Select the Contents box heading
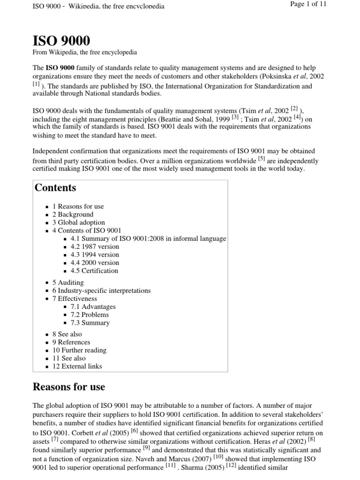point(55,188)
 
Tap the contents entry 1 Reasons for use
point(78,206)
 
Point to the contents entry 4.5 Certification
point(94,270)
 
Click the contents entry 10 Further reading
point(79,350)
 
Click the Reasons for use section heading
point(68,387)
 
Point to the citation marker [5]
point(261,159)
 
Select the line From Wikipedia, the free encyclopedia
point(84,52)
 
